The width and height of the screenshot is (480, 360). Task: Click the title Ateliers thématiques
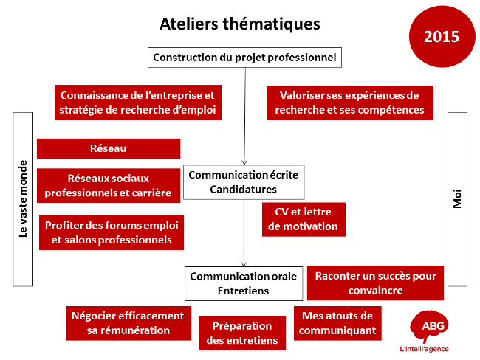pos(240,24)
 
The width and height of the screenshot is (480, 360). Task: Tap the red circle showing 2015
pos(442,36)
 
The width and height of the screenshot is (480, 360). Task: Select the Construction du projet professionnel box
pos(244,58)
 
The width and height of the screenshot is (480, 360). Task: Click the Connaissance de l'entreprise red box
pos(138,103)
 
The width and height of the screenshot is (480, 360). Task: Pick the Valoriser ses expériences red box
pos(349,103)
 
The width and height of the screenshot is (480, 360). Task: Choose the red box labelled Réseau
pos(109,149)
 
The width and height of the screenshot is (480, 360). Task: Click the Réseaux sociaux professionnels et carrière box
pos(109,186)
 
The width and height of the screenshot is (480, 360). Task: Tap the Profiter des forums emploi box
pos(112,232)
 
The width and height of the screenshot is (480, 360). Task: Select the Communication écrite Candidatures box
pos(244,182)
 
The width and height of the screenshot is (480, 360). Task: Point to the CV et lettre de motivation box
pos(304,219)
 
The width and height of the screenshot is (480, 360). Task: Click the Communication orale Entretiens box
pos(244,283)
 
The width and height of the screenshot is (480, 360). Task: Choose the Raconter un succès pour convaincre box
pos(375,283)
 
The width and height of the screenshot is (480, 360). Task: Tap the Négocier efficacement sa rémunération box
pos(128,323)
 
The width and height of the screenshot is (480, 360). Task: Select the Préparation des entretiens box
pos(241,333)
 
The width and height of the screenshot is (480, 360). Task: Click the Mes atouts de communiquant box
pos(337,323)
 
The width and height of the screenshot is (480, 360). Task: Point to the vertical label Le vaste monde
pos(23,199)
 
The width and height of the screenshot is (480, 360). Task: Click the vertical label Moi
pos(457,199)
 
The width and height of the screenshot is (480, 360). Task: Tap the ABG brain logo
pos(428,326)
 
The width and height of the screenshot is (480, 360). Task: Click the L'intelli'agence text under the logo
pos(424,349)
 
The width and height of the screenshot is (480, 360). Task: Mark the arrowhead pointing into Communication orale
pos(244,264)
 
